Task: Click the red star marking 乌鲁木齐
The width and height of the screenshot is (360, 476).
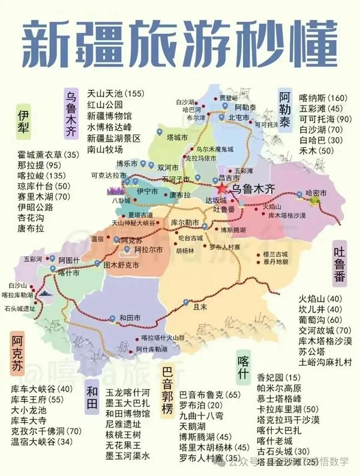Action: click(222, 188)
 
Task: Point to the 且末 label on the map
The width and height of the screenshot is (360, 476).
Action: click(200, 305)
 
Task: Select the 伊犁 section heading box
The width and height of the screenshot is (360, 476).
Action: click(23, 124)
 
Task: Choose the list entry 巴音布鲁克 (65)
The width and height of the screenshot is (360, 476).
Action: click(209, 394)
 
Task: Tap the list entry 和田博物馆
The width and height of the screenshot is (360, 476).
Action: click(127, 413)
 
